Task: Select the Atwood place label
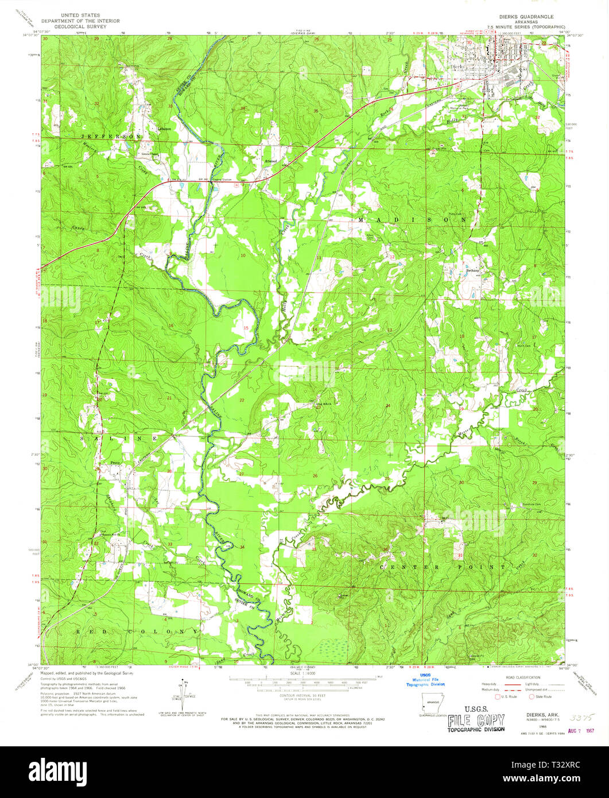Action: click(x=270, y=161)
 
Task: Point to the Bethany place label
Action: click(x=472, y=270)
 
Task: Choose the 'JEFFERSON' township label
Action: click(x=111, y=136)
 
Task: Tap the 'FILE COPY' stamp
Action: click(x=476, y=720)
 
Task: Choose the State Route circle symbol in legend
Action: click(x=532, y=697)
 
